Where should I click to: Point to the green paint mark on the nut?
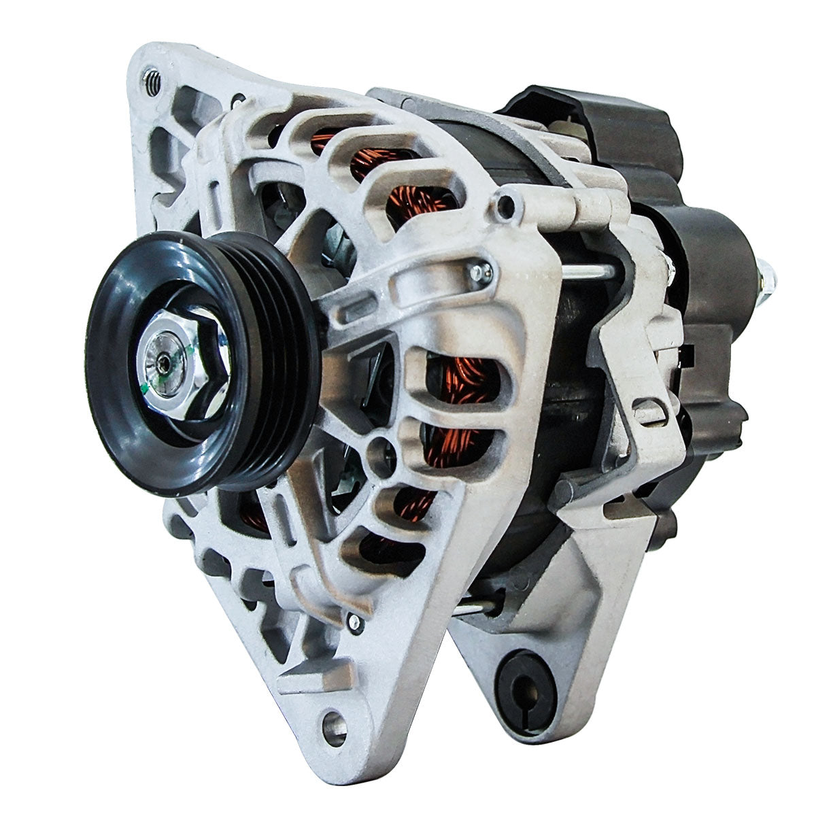click(146, 389)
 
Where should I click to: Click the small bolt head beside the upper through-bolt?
click(480, 272)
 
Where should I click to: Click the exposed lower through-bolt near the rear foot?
click(476, 607)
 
